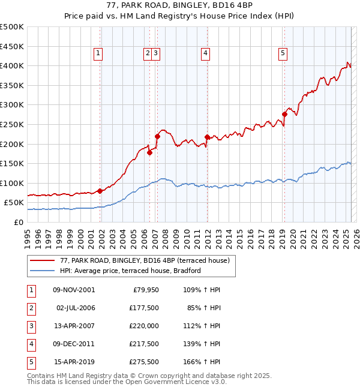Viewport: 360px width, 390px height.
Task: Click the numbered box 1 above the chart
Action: (98, 53)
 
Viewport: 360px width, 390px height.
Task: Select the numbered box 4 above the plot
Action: (205, 53)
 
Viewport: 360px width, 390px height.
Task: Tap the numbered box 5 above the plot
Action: (283, 53)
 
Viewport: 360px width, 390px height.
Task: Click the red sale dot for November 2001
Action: (100, 191)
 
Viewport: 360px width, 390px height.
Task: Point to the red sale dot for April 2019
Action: (284, 114)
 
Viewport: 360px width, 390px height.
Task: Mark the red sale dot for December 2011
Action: (207, 137)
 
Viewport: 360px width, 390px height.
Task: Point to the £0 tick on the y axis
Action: (19, 222)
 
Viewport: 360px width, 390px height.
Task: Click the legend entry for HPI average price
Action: (130, 271)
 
